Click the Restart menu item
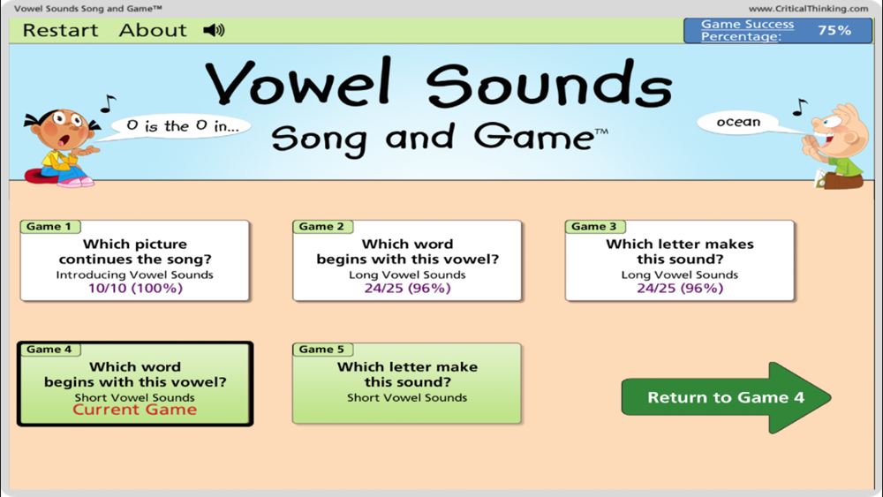click(x=60, y=30)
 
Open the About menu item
click(x=153, y=30)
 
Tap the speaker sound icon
click(x=214, y=30)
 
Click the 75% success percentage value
click(x=834, y=30)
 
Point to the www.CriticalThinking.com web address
click(x=808, y=9)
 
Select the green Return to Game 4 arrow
click(x=726, y=397)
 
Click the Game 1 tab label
click(x=49, y=226)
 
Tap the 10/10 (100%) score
click(x=135, y=288)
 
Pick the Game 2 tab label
click(x=322, y=226)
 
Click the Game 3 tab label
click(x=594, y=226)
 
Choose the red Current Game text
click(x=135, y=410)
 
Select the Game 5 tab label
click(x=322, y=349)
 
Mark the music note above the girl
click(x=108, y=103)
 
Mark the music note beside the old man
click(x=800, y=107)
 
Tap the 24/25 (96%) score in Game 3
click(x=680, y=288)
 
